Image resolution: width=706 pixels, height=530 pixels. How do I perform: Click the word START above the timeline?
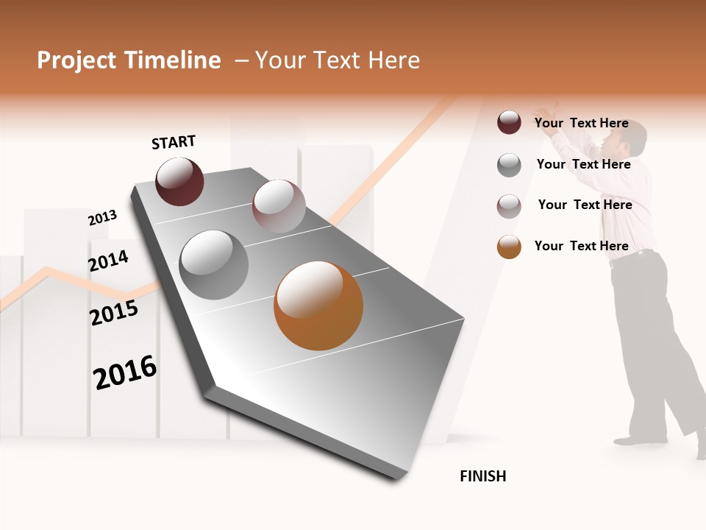(174, 142)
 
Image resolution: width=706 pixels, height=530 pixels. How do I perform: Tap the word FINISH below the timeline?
(483, 476)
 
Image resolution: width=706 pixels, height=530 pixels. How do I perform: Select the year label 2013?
(102, 218)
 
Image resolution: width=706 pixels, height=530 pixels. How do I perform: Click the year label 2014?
(108, 261)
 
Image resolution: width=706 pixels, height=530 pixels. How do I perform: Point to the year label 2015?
(114, 313)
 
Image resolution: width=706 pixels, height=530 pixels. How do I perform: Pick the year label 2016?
(125, 372)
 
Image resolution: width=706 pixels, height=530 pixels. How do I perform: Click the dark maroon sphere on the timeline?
(179, 181)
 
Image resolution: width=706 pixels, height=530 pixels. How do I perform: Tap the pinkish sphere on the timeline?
(279, 205)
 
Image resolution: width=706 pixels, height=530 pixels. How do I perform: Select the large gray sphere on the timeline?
(214, 264)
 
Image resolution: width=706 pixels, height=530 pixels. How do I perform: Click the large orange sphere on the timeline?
(318, 305)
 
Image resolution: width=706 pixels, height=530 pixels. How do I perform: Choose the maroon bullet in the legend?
(509, 122)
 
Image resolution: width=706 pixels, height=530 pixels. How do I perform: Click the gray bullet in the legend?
(509, 165)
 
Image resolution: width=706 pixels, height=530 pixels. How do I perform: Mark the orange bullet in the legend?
(509, 247)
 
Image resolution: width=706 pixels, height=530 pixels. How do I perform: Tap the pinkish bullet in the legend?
(509, 206)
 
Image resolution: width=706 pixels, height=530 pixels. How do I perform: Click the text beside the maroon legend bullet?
(582, 123)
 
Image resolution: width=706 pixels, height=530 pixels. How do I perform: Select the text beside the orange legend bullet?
(582, 246)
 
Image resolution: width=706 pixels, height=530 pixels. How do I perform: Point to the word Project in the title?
(76, 60)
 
